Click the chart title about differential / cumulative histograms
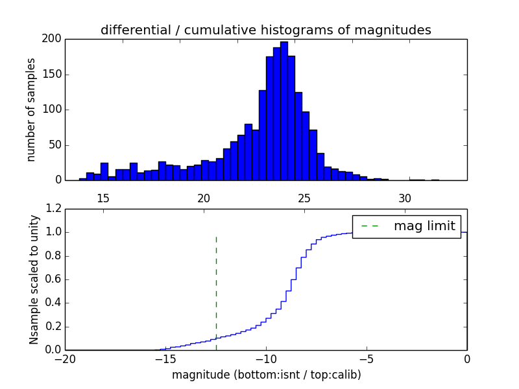pos(265,30)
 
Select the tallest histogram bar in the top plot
pos(284,111)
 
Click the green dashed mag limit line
pos(216,292)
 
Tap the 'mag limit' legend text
pos(424,226)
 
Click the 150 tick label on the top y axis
pos(53,74)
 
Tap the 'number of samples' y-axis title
pos(31,110)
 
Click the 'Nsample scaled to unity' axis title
pos(34,279)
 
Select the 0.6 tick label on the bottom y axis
pos(54,279)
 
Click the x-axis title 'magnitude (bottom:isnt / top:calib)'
pos(266,375)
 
